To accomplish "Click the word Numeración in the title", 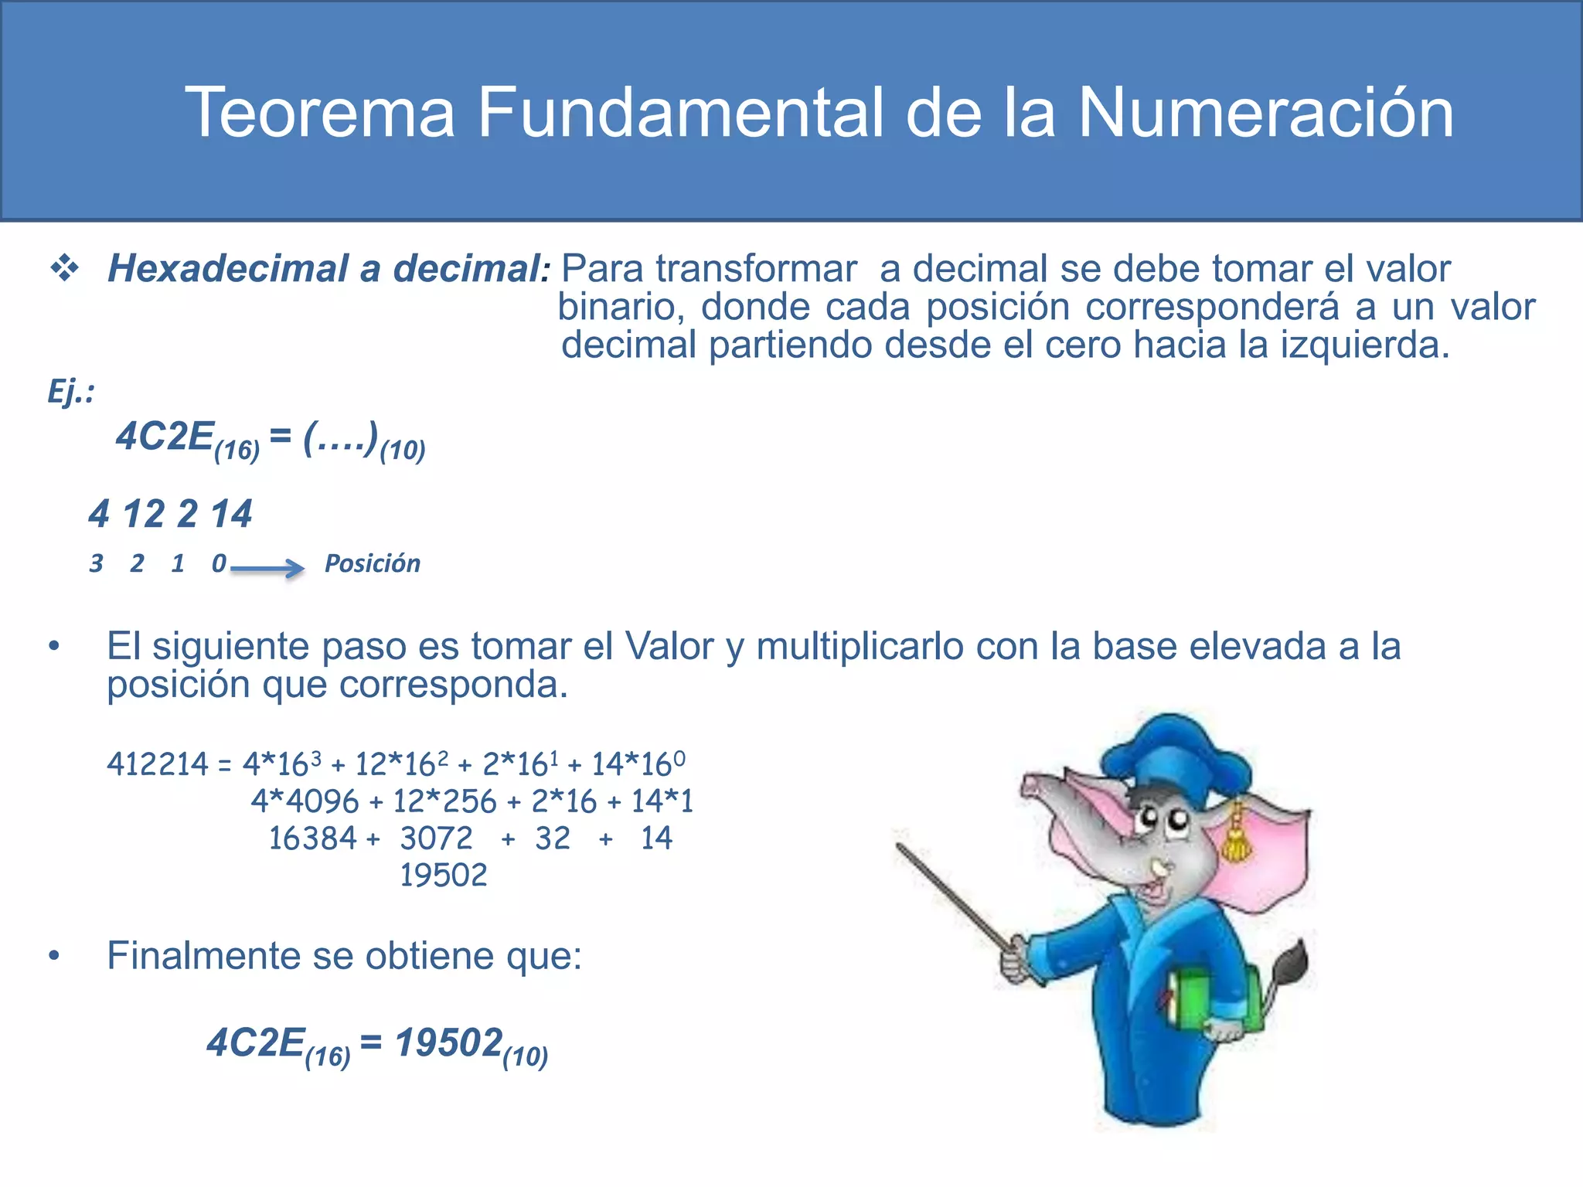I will (x=1265, y=114).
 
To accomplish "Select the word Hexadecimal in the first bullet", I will (x=229, y=269).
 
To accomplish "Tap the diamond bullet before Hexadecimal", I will (x=65, y=268).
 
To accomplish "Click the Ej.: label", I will (x=70, y=391).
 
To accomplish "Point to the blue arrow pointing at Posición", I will (x=267, y=569).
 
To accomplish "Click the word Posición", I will (x=372, y=563).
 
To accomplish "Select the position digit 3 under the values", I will (x=96, y=563).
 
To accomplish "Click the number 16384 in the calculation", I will (x=312, y=838).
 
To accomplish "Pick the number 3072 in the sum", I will (x=436, y=838).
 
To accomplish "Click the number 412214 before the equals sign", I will (x=158, y=764).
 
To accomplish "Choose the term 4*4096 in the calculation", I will (x=305, y=801).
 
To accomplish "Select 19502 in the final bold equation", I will (x=449, y=1042).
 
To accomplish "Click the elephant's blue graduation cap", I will (x=1175, y=753).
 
